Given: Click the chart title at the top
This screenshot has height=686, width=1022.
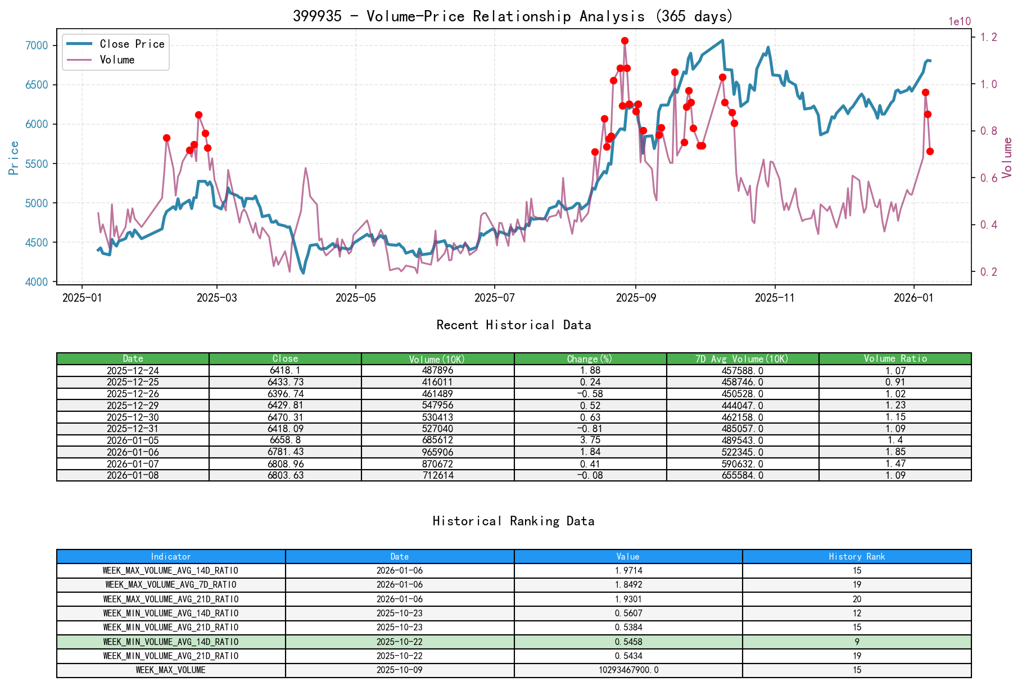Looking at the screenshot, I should click(513, 16).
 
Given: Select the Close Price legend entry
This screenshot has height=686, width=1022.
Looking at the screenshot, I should click(132, 44).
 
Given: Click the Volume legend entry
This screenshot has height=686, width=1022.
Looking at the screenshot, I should click(117, 60).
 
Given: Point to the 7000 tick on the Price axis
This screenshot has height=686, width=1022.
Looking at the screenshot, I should click(37, 46).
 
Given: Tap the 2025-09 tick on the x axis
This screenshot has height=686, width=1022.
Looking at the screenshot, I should click(636, 298).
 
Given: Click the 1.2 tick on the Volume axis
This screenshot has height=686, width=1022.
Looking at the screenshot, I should click(989, 37).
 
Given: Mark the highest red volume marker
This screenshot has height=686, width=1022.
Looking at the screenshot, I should click(625, 40).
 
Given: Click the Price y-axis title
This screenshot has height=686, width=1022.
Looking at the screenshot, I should click(14, 158).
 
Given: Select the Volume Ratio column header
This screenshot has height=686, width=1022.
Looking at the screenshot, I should click(895, 358).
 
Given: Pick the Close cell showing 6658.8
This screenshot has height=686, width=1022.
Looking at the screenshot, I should click(285, 440).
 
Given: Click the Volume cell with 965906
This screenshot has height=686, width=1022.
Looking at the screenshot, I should click(437, 452).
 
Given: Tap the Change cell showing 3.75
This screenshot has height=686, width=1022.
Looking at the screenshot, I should click(590, 440).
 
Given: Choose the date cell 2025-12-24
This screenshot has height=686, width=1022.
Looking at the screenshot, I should click(133, 370).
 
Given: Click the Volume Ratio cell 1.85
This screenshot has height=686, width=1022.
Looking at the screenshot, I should click(895, 452).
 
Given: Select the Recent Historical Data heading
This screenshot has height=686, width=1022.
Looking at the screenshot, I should click(513, 325).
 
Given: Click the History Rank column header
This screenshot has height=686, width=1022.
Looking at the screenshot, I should click(857, 556).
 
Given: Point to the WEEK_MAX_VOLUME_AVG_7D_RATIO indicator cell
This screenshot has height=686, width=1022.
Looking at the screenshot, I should click(171, 585).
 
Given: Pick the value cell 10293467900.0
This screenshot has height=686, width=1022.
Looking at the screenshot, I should click(628, 670).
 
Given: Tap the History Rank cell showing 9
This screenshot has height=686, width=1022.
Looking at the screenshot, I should click(857, 642).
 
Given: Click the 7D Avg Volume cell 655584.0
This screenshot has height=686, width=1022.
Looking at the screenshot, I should click(743, 475).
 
